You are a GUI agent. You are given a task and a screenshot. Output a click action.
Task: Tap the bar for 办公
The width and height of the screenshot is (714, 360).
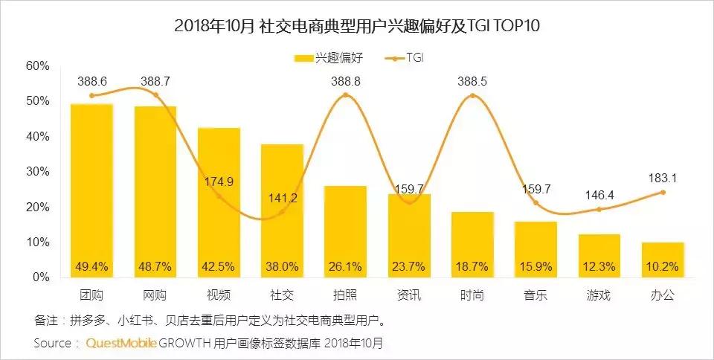(x=662, y=260)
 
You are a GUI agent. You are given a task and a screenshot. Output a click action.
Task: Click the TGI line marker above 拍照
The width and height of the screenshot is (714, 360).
(x=346, y=95)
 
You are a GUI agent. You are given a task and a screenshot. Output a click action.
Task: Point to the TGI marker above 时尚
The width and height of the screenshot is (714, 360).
(x=473, y=95)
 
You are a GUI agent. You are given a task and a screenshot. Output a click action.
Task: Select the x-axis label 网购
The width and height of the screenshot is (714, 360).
(x=155, y=295)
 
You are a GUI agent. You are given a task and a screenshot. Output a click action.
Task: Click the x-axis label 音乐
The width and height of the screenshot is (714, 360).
(x=535, y=295)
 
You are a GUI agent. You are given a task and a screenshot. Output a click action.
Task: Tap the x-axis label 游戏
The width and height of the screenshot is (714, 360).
(x=599, y=295)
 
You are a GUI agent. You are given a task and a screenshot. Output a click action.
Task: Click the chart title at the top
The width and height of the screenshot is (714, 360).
(x=357, y=26)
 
